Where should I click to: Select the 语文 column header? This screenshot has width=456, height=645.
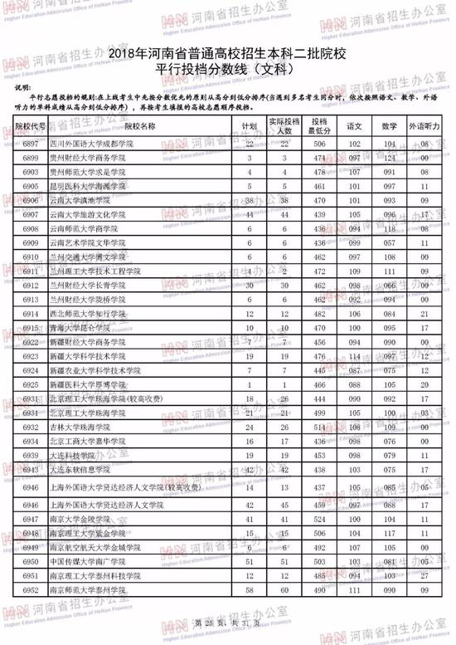pos(354,126)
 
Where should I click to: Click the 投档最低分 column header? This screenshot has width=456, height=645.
pos(317,126)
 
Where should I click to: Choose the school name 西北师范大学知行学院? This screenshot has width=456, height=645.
pos(121,313)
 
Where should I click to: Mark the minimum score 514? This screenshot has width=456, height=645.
pos(317,427)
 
